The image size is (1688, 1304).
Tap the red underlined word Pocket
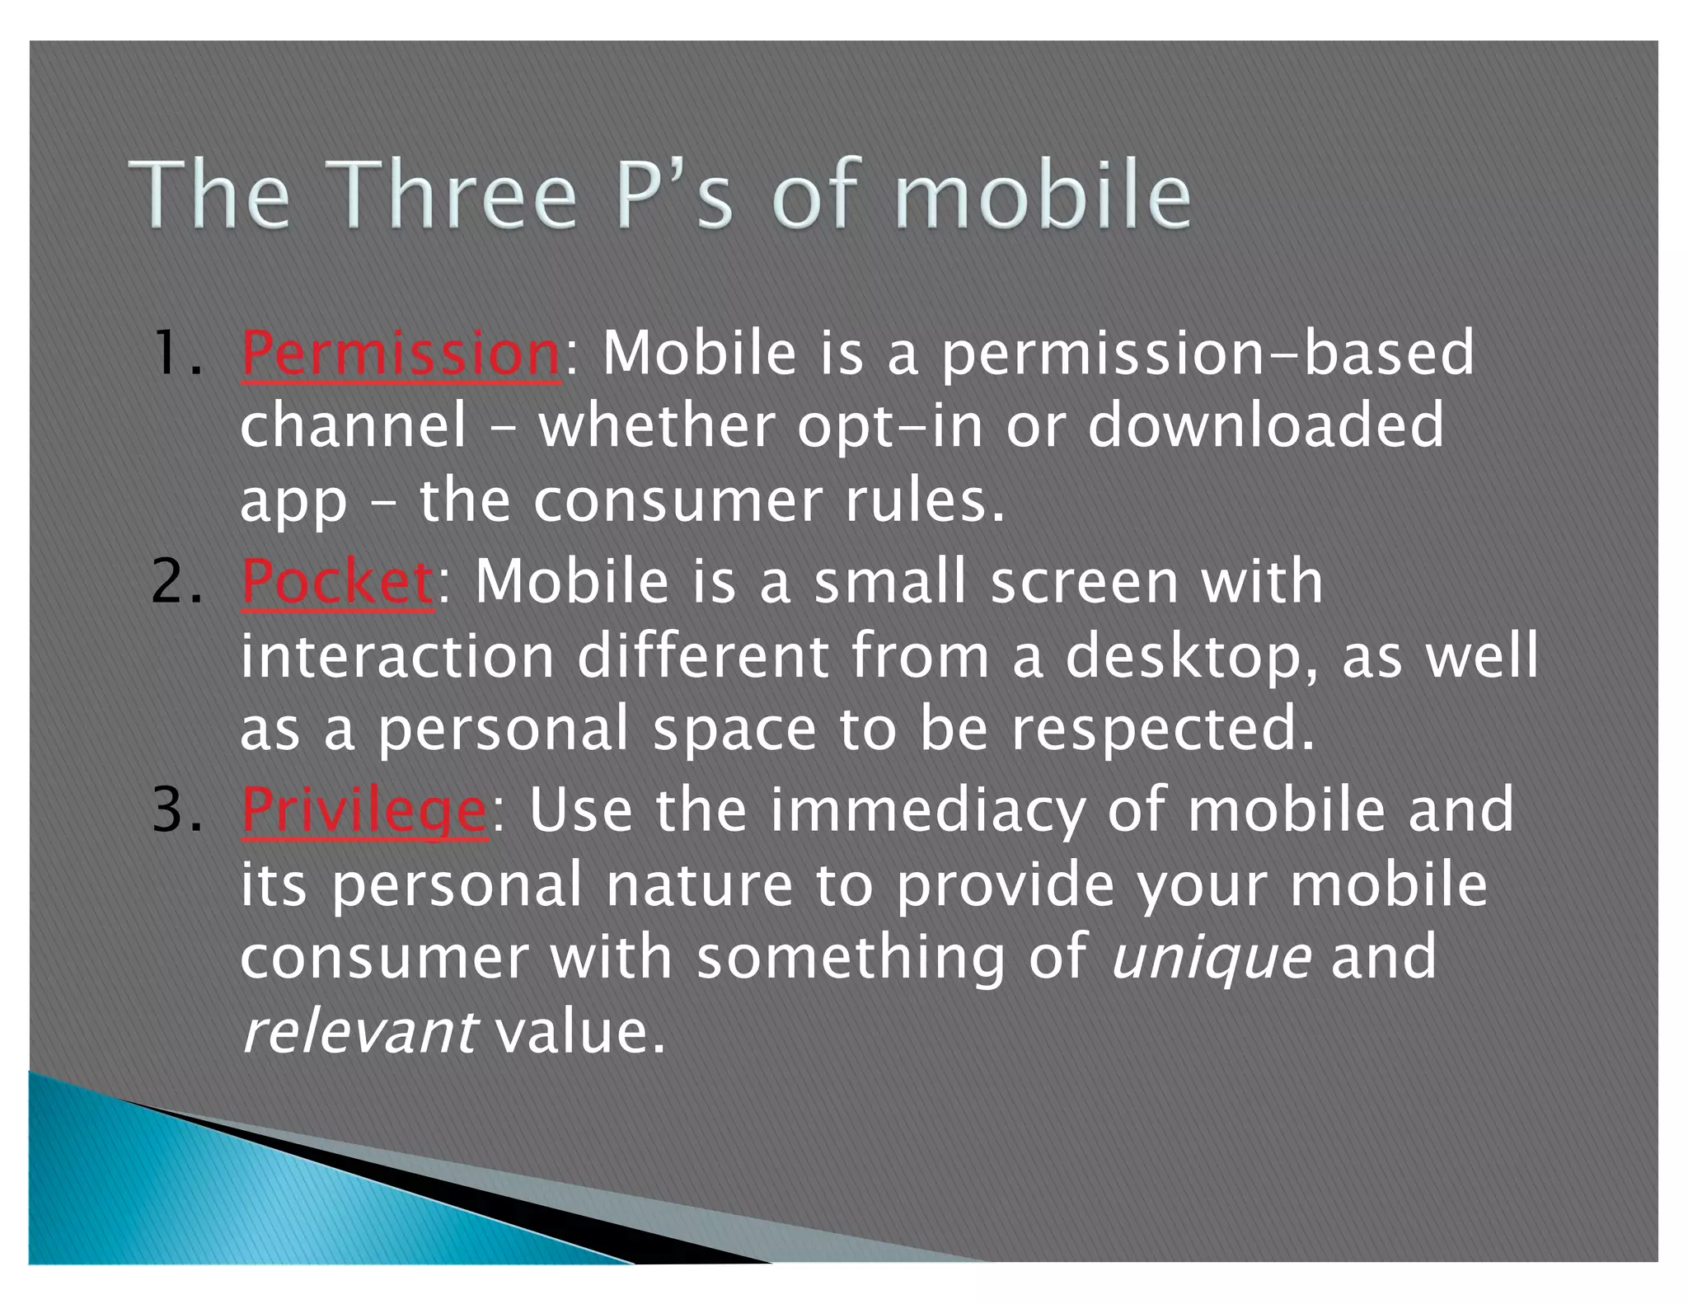pyautogui.click(x=337, y=582)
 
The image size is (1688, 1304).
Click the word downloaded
pyautogui.click(x=1265, y=426)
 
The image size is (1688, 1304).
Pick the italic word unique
pyautogui.click(x=1211, y=959)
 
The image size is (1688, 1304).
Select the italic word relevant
pyautogui.click(x=358, y=1032)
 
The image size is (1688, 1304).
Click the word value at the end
pyautogui.click(x=579, y=1032)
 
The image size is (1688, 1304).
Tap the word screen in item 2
pyautogui.click(x=1084, y=582)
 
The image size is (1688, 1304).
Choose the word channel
pyautogui.click(x=353, y=426)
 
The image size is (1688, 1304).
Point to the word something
pyautogui.click(x=851, y=959)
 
